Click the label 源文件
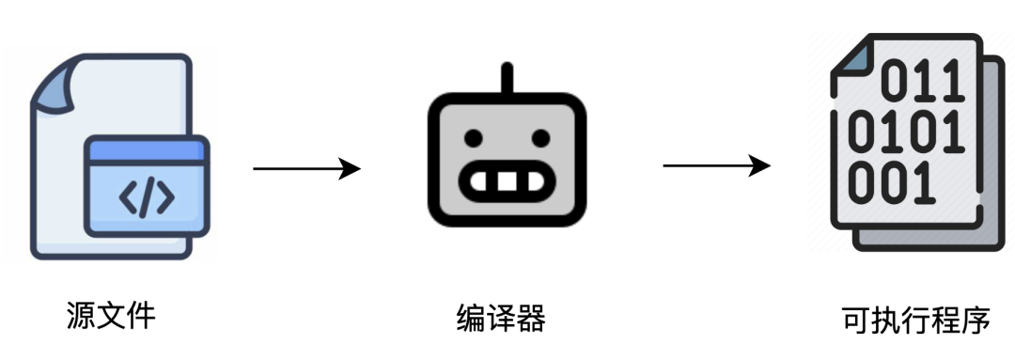pos(111,315)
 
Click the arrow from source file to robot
pos(306,169)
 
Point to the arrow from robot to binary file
pos(716,166)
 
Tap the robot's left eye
pos(475,139)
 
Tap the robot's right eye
pos(540,139)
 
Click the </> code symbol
pos(147,197)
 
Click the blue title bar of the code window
pos(147,149)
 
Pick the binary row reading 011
pos(923,83)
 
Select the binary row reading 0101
pos(906,133)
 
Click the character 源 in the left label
pos(81,315)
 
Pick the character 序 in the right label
pos(975,321)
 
